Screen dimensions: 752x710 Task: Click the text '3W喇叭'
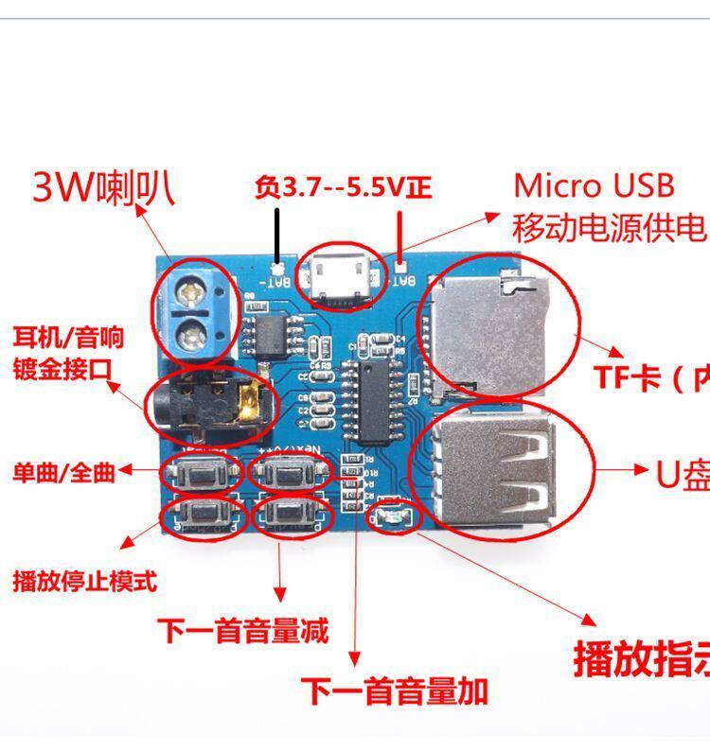(103, 188)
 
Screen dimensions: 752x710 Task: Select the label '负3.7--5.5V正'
(343, 187)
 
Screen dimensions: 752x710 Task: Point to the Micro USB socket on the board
(335, 277)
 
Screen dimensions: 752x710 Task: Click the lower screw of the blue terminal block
(194, 331)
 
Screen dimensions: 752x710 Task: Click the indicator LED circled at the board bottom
(391, 516)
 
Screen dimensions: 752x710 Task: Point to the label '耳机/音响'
(67, 337)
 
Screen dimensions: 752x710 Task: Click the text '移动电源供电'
(610, 227)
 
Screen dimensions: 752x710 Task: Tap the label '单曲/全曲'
(63, 471)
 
